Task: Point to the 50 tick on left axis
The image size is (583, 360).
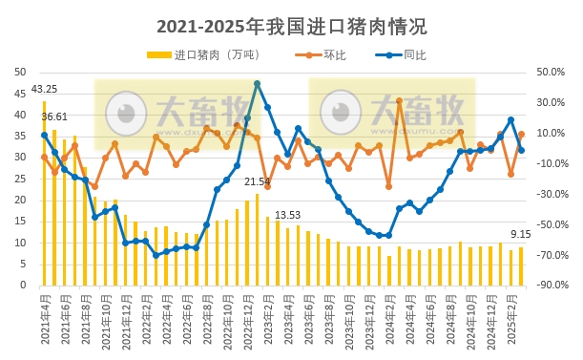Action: (x=20, y=72)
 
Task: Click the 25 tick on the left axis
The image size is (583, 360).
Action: (x=20, y=179)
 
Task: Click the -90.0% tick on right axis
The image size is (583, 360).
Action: (x=552, y=286)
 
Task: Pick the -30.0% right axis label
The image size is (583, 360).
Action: (x=552, y=194)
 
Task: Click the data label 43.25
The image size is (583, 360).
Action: (x=44, y=90)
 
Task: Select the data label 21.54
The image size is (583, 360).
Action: (x=257, y=181)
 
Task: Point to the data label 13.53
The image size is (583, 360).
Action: (x=287, y=216)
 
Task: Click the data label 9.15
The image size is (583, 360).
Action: (x=520, y=235)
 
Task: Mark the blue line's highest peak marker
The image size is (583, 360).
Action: (x=257, y=84)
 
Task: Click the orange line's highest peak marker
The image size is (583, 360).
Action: (x=399, y=100)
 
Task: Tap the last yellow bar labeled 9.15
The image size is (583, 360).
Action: (x=521, y=266)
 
